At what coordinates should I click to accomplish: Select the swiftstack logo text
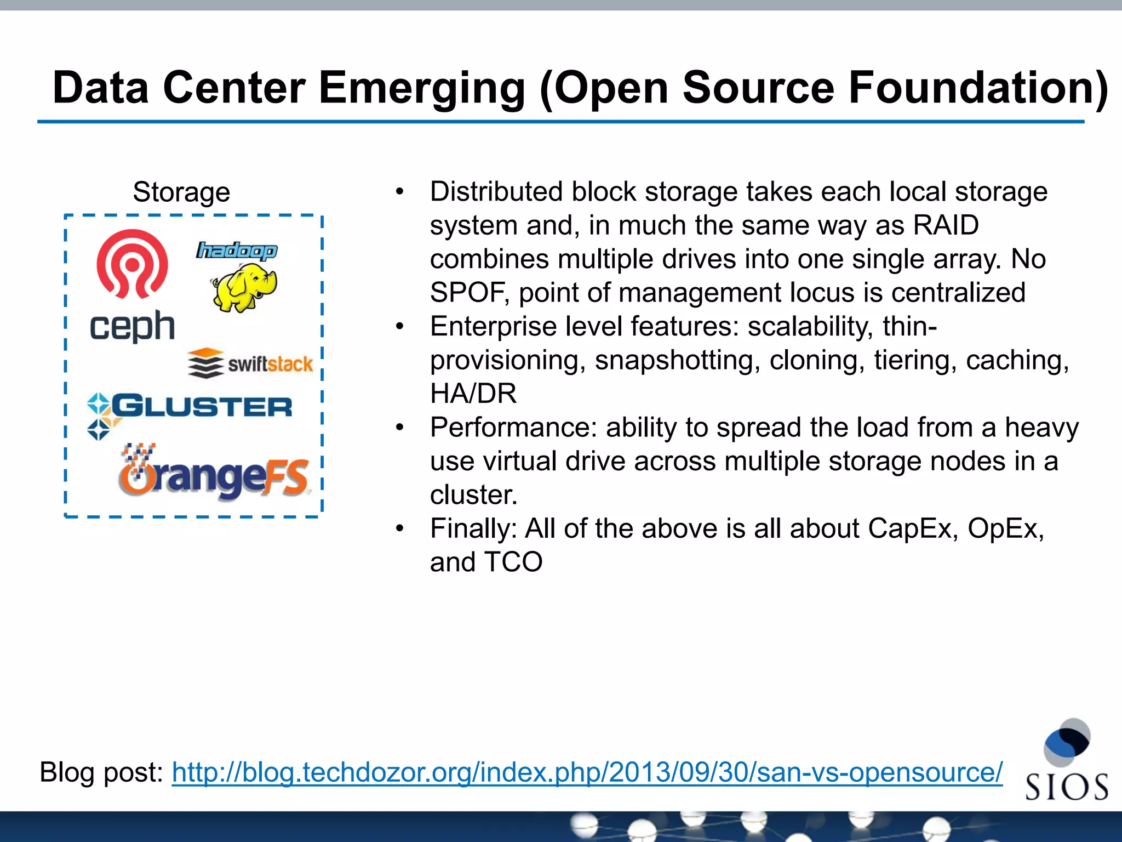click(x=270, y=364)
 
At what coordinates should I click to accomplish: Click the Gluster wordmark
click(x=202, y=406)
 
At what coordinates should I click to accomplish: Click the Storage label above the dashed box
click(x=181, y=192)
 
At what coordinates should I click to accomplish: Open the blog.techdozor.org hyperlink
click(x=587, y=772)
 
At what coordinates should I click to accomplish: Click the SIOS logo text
click(x=1066, y=787)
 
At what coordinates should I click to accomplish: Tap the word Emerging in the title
click(x=422, y=88)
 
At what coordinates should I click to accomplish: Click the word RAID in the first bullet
click(x=945, y=225)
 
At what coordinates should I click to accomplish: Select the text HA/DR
click(x=473, y=394)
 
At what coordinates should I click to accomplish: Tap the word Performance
click(x=513, y=428)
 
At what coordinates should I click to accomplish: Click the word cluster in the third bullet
click(x=472, y=495)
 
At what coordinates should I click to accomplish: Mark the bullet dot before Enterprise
click(x=400, y=327)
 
